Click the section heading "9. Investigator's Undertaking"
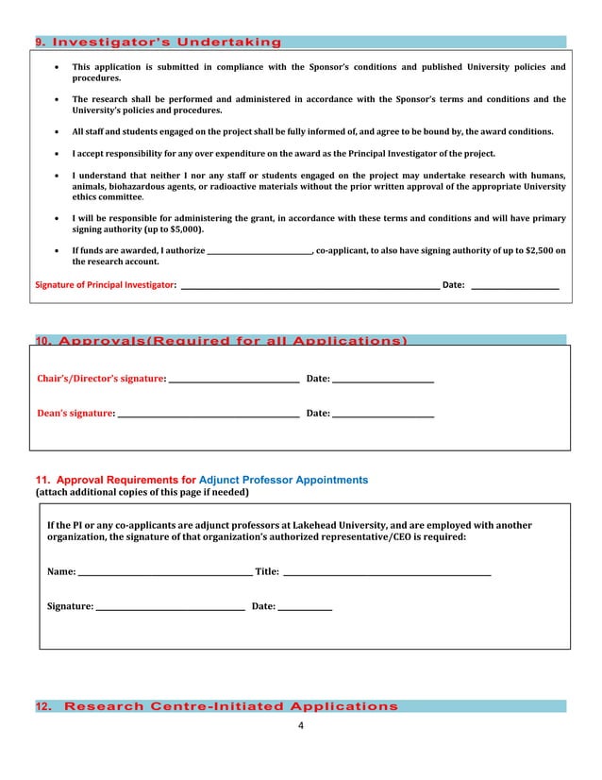(x=158, y=42)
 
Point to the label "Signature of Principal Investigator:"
(x=105, y=284)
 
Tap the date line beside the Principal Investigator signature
(x=514, y=285)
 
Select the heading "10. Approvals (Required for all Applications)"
(x=221, y=341)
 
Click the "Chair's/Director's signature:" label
(x=101, y=379)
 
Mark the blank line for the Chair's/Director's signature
(x=233, y=380)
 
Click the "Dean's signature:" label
(x=75, y=413)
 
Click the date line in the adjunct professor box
(x=305, y=607)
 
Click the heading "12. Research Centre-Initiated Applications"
(x=216, y=706)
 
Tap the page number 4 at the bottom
(x=301, y=725)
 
